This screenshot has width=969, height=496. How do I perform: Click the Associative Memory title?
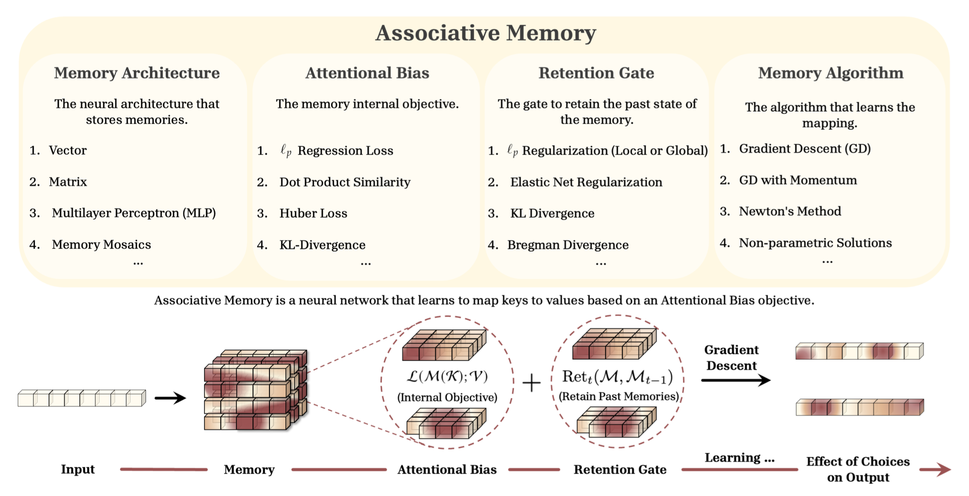click(485, 33)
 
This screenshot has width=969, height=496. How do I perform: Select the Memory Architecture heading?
click(137, 73)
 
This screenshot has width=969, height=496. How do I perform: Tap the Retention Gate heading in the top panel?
click(596, 73)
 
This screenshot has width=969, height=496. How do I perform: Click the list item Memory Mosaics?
click(101, 245)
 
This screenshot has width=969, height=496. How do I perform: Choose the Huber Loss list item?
click(313, 213)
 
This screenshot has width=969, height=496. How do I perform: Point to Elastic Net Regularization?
click(586, 182)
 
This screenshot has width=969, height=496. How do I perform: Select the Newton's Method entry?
click(790, 212)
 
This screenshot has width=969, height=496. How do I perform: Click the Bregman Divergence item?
click(568, 245)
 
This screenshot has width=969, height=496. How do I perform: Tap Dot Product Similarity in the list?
click(345, 182)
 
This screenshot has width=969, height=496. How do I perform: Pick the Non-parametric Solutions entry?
click(815, 243)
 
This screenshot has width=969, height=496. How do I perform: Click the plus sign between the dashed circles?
click(531, 383)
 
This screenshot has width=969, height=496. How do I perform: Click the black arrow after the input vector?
click(170, 398)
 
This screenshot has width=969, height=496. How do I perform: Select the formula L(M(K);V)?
click(447, 377)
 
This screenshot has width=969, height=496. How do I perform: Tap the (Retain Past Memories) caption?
click(618, 396)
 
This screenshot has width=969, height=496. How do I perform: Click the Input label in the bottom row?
click(78, 469)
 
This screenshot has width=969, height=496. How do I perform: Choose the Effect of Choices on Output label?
click(858, 469)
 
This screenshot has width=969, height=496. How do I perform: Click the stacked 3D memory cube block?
click(255, 390)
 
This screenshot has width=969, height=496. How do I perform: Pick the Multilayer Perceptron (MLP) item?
click(133, 213)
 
